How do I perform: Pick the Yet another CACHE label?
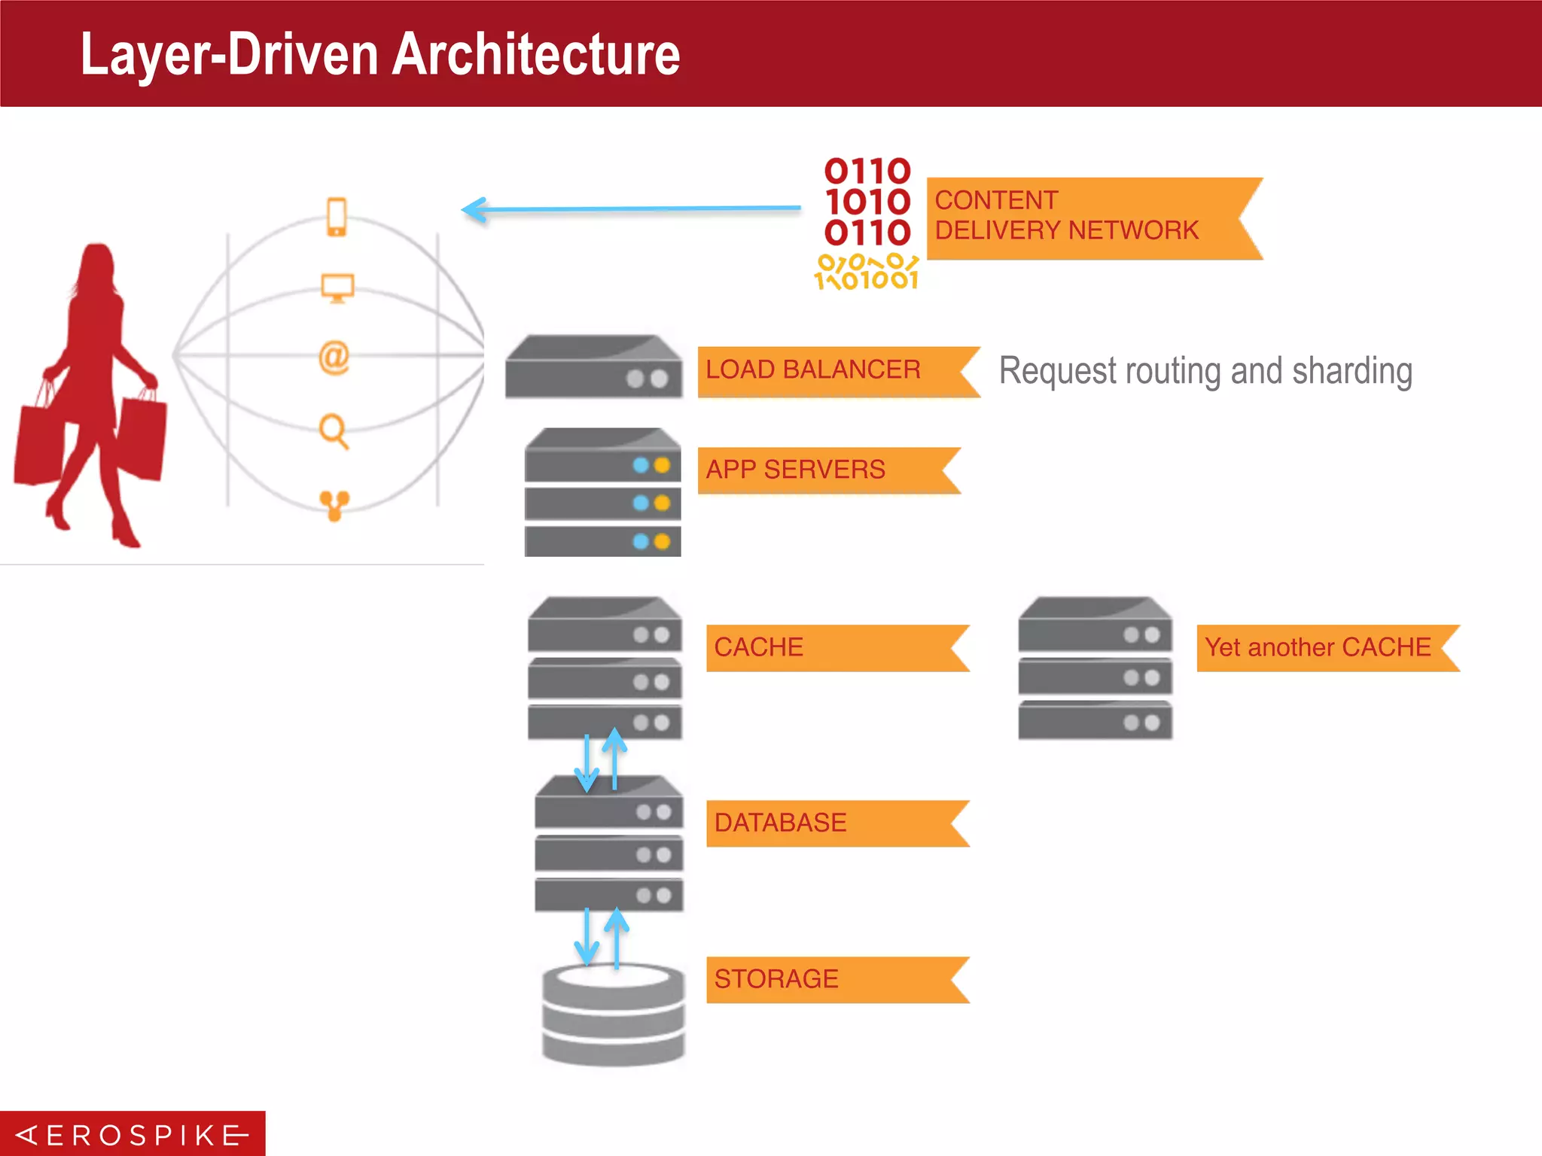coord(1318,647)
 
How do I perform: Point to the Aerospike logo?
coord(133,1134)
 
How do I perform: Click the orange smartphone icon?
coord(337,217)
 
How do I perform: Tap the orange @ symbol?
coord(334,357)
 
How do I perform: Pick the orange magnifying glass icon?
coord(334,431)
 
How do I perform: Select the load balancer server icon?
coord(594,367)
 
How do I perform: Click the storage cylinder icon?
coord(614,1014)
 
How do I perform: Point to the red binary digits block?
coord(867,202)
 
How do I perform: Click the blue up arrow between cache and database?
coord(615,756)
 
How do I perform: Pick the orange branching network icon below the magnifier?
coord(334,505)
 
